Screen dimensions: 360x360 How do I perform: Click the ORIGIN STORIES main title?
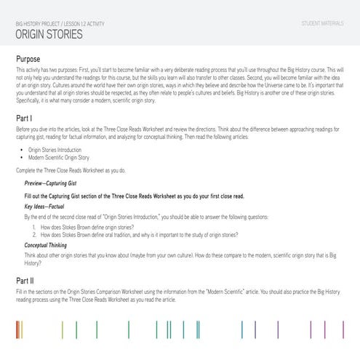[x=49, y=34]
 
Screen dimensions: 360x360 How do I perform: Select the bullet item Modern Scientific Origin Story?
[x=63, y=157]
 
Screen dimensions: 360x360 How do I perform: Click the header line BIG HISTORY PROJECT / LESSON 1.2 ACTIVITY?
[x=60, y=24]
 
